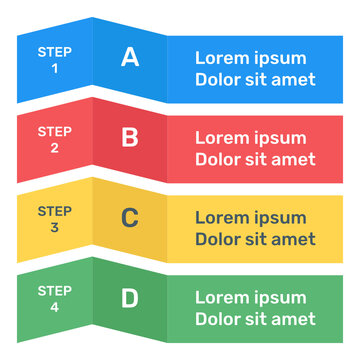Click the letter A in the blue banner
[x=130, y=57]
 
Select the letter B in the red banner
[x=130, y=137]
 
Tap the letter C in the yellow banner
[x=130, y=217]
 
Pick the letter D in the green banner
[x=130, y=297]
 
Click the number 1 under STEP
[x=54, y=69]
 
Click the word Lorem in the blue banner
[x=222, y=57]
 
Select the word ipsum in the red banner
[x=281, y=139]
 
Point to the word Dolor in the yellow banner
[x=219, y=239]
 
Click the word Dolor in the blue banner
[x=219, y=79]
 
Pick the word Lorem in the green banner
[x=222, y=297]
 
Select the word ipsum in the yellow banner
[x=281, y=219]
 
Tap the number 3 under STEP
[x=54, y=229]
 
